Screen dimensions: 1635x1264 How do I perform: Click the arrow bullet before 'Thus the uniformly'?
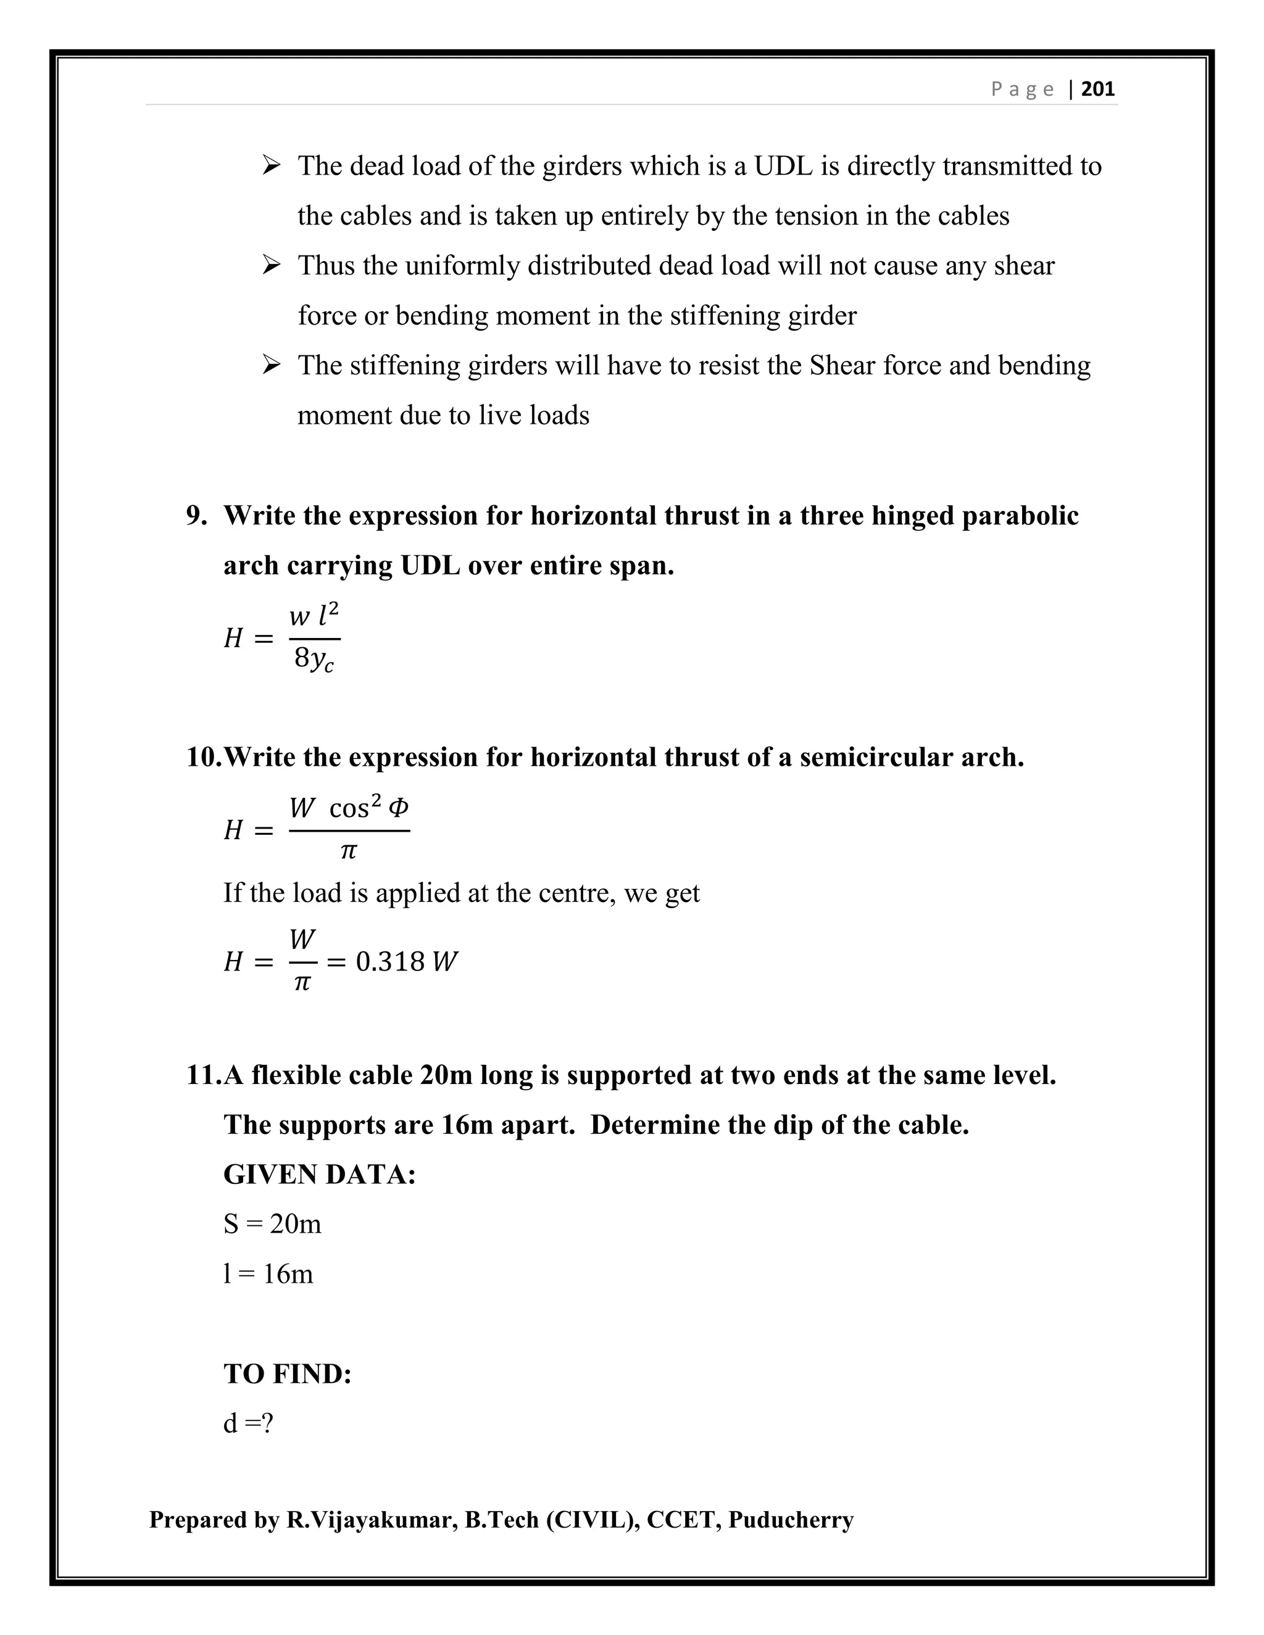coord(271,265)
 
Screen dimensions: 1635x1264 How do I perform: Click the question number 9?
coord(196,516)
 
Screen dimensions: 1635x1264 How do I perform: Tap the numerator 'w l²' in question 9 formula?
coord(315,616)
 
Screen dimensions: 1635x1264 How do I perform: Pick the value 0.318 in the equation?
coord(390,962)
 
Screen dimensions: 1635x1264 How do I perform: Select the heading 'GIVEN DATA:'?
coord(319,1175)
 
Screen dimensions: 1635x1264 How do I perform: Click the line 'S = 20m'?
coord(272,1224)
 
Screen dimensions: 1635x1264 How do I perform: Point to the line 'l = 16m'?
coord(268,1274)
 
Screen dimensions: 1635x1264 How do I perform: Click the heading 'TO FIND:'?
coord(288,1374)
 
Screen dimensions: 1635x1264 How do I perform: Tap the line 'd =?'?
coord(248,1423)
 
